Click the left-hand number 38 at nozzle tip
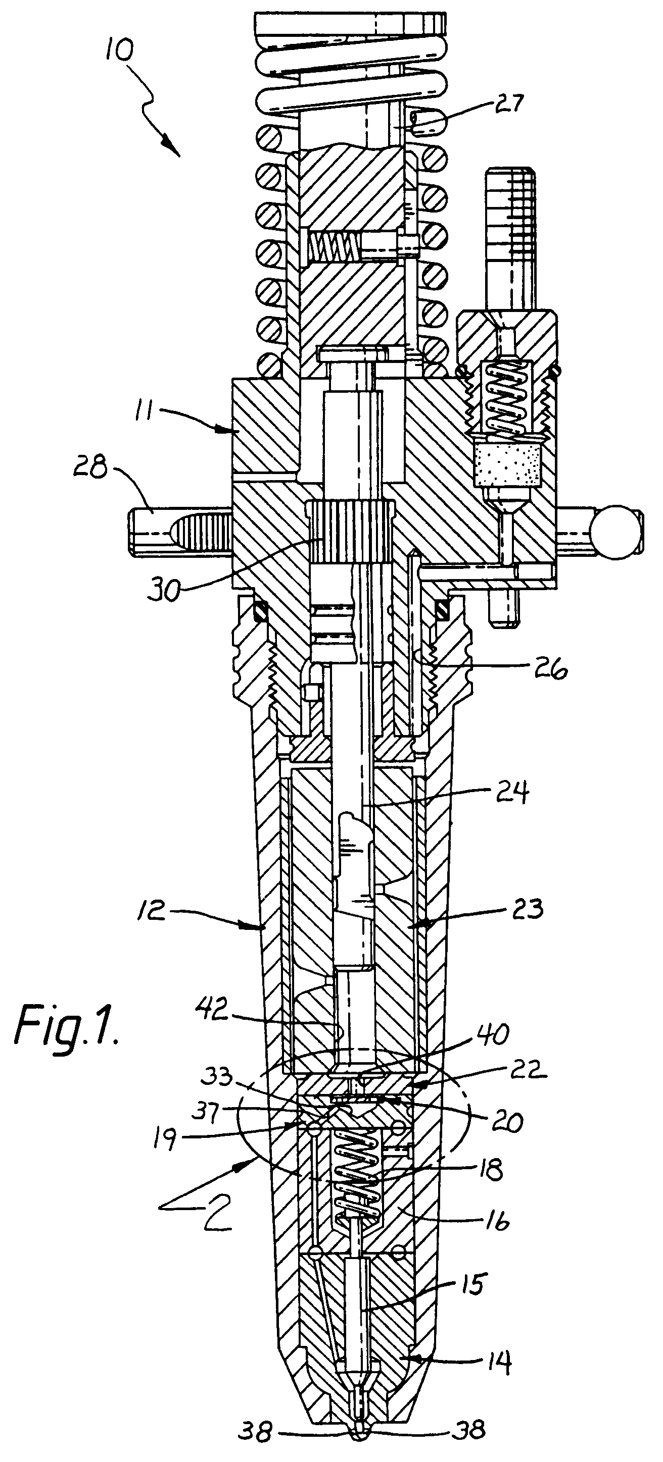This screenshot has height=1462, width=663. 256,1447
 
